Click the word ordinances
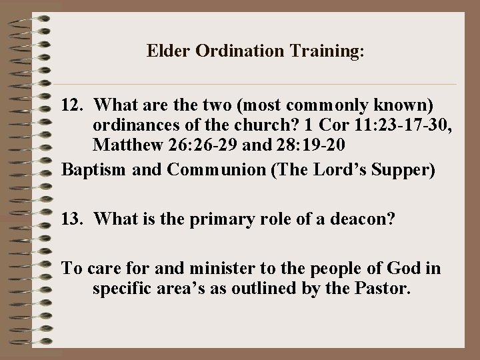click(132, 125)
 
